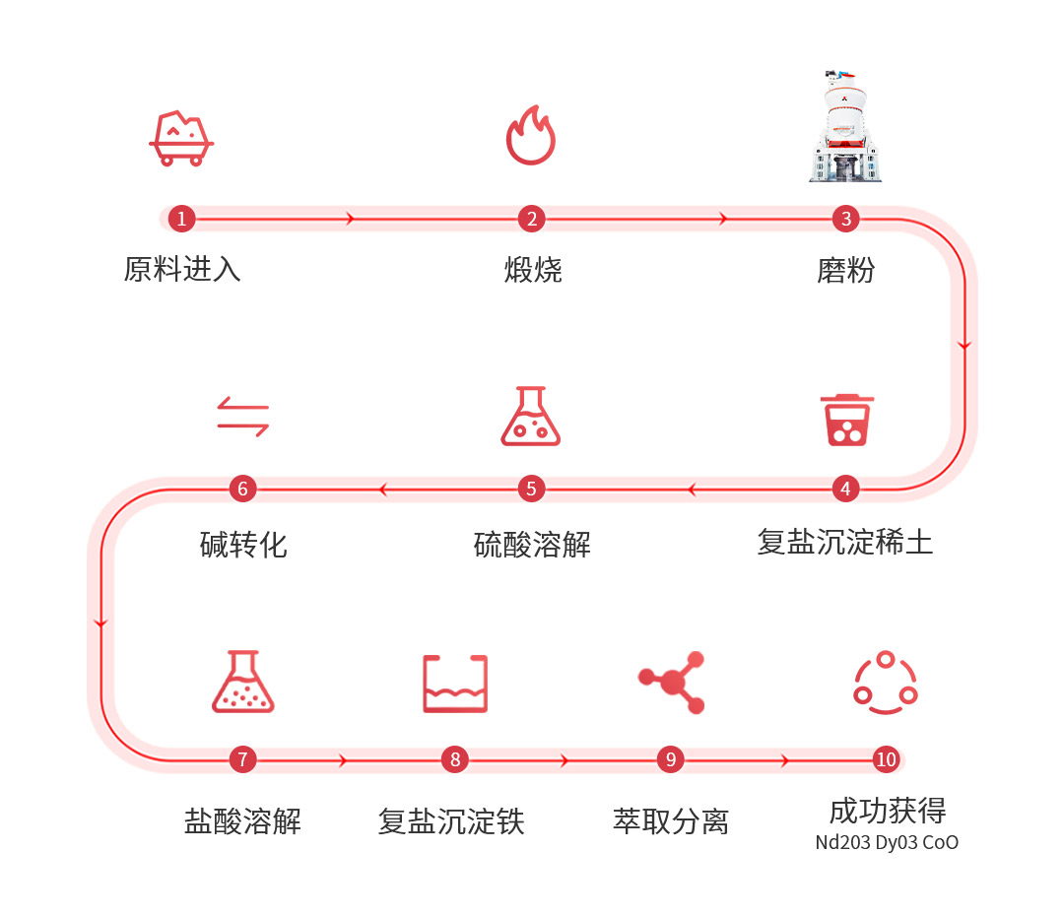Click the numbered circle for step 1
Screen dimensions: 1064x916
pos(182,219)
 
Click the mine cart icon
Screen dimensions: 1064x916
pos(181,139)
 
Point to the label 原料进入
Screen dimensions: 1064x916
pos(182,269)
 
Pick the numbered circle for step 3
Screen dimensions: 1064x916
pos(845,219)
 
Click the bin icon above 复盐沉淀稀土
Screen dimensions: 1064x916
pos(847,420)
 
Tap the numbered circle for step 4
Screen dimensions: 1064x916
pos(845,489)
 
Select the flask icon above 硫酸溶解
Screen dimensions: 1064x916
pos(531,416)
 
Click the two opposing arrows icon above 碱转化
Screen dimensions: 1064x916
pos(243,416)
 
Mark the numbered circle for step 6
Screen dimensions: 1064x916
pos(243,489)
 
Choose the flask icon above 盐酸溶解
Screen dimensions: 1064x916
pos(243,682)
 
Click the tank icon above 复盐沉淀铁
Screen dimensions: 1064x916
pos(455,684)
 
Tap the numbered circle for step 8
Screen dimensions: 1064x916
pos(455,759)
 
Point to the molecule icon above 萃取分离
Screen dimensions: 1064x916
pos(672,682)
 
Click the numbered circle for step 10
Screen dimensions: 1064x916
pos(887,759)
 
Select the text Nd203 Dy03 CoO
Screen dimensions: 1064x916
pos(887,843)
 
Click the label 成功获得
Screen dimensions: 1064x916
pos(888,811)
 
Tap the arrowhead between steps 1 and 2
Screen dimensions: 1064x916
pos(350,219)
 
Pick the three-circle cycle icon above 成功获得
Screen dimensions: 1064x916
pos(886,683)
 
